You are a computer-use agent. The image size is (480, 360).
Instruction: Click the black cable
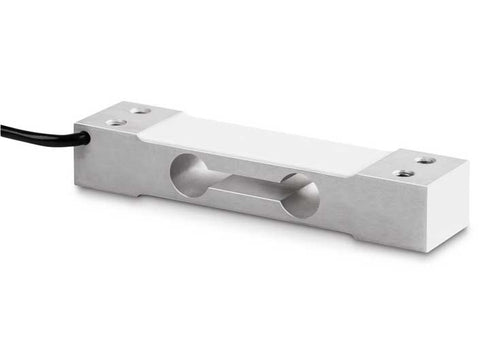tap(40, 133)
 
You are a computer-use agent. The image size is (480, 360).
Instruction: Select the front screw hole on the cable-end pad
tap(117, 123)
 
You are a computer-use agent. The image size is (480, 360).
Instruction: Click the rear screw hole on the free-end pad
tap(426, 159)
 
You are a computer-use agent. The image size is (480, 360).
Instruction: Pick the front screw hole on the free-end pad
tap(404, 173)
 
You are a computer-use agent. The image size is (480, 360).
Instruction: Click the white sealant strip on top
tap(260, 140)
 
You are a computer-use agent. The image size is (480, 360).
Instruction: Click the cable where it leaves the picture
tap(2, 128)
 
